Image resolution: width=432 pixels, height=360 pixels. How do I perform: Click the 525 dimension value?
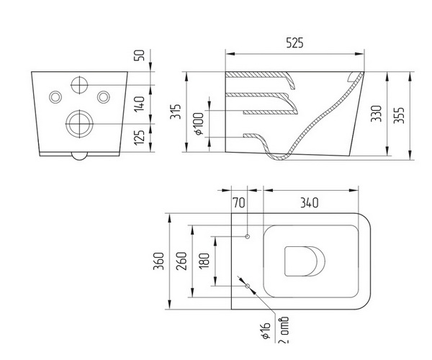pos(294,42)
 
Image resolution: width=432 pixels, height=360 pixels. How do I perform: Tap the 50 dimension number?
pos(140,55)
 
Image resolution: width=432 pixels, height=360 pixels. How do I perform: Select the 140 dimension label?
pos(140,104)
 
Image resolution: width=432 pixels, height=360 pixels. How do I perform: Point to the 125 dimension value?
pos(140,138)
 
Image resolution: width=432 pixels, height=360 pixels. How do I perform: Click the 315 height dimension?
pos(176,112)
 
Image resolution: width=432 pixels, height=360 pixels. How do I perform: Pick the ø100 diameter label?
pos(199,124)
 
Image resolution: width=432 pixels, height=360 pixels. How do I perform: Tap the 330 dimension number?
pos(377,114)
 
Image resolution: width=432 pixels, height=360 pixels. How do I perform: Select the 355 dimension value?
pos(399,115)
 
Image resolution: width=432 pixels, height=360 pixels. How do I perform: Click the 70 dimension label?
pos(239,203)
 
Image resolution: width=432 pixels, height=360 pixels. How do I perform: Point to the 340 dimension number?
pos(309,203)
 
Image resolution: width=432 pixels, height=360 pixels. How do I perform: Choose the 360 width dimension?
pos(158,261)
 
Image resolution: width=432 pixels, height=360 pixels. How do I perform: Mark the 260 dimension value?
pos(181,261)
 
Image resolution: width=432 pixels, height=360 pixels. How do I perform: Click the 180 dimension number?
pos(204,261)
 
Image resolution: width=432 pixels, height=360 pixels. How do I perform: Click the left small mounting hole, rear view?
pos(55,97)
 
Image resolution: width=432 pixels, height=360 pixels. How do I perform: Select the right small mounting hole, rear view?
pos(104,97)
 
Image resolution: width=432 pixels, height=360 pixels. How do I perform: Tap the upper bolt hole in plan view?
pos(248,236)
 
